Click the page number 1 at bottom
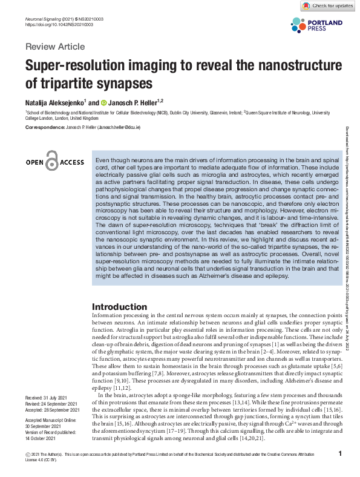pyautogui.click(x=341, y=454)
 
